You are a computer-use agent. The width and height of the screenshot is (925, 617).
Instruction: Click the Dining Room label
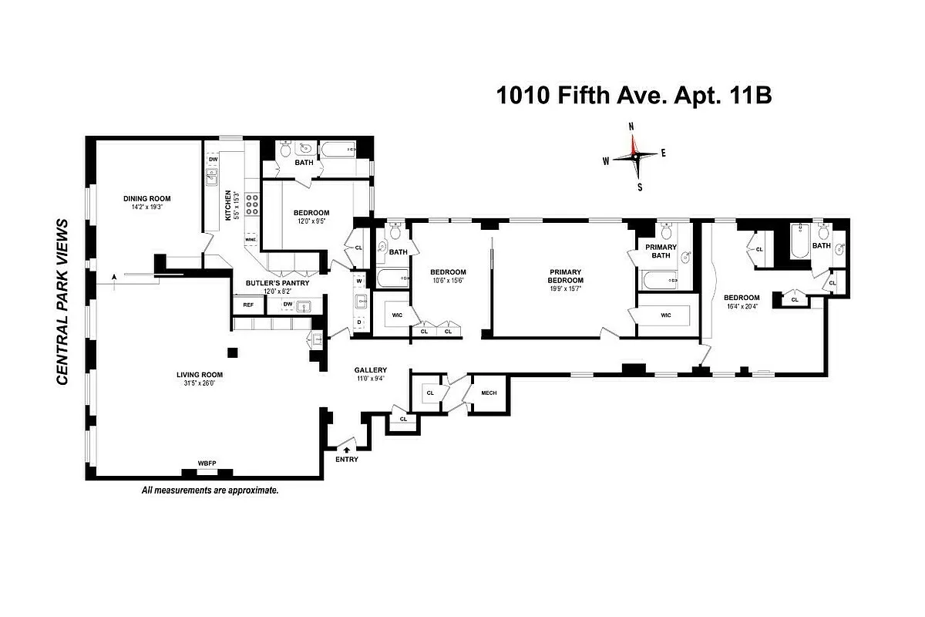coord(146,198)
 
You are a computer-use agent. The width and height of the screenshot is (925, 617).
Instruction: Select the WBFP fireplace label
coord(207,463)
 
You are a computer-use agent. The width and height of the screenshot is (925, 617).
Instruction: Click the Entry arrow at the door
coord(346,448)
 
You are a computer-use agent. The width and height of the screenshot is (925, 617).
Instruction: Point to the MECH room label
coord(489,393)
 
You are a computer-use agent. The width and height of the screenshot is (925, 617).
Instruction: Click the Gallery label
coord(371,370)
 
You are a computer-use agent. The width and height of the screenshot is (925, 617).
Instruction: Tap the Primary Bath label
coord(661,251)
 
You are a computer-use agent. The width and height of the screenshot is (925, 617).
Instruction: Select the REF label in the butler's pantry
coord(248,305)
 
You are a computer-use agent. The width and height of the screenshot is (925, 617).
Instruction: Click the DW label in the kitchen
coord(213,160)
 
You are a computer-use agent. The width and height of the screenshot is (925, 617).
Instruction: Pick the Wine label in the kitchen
coord(250,240)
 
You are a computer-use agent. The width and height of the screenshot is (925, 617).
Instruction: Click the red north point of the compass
coord(633,143)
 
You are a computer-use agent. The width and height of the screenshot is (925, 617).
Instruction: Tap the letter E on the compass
coord(664,153)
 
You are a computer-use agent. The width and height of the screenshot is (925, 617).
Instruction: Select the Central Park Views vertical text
coord(63,302)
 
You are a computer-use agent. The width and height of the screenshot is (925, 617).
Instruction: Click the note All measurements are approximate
coord(209,490)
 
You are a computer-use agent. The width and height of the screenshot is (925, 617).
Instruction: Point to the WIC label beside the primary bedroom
coord(666,315)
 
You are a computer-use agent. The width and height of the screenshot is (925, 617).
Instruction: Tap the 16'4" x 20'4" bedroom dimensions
coord(741,306)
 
